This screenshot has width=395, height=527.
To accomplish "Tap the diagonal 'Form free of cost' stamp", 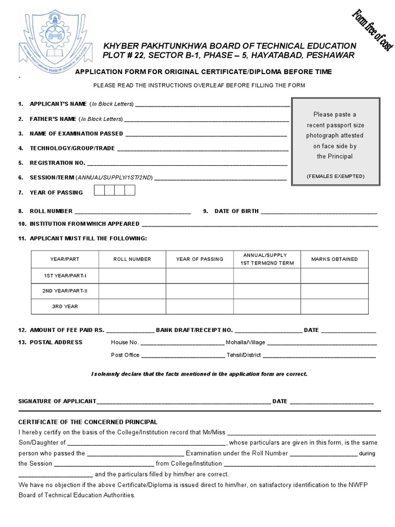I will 372,30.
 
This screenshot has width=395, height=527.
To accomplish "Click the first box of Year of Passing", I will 99,191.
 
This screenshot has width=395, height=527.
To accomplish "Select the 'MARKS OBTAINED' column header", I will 334,259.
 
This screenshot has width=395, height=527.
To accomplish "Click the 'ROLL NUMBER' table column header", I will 132,259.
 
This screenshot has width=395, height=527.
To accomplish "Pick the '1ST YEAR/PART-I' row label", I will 65,276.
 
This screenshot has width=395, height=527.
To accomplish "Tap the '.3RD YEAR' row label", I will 65,306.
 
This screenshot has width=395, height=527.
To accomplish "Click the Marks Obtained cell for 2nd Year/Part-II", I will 334,291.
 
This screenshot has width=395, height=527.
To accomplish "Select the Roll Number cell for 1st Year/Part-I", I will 132,276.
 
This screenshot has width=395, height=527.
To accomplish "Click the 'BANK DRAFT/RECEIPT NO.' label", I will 194,330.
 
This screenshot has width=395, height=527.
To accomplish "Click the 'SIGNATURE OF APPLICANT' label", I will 57,401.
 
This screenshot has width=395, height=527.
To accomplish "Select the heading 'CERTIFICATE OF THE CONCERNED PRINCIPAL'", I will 88,422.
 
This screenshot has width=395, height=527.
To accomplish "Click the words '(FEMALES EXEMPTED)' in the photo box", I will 335,176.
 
